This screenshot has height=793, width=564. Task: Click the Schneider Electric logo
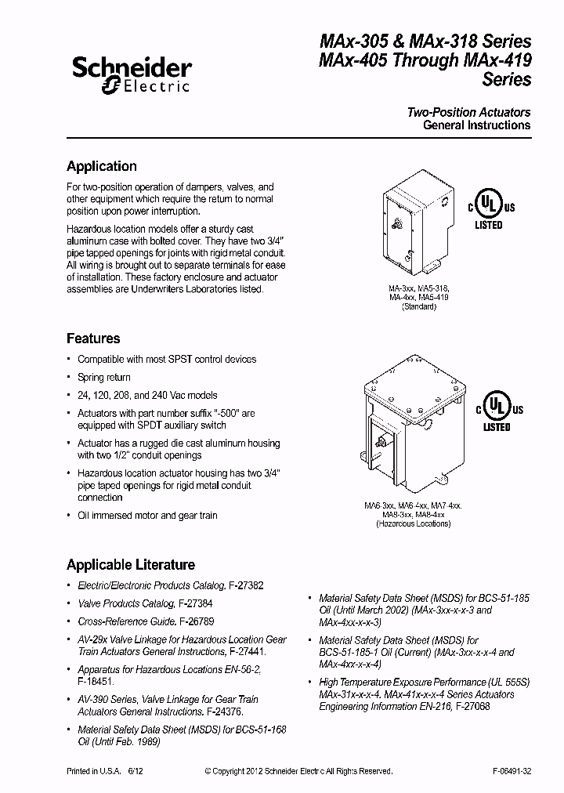pyautogui.click(x=131, y=77)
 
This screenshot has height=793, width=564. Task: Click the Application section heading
pyautogui.click(x=102, y=166)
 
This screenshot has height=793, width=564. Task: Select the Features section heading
pyautogui.click(x=93, y=339)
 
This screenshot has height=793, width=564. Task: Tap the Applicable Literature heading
pyautogui.click(x=131, y=564)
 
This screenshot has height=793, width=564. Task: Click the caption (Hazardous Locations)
pyautogui.click(x=413, y=523)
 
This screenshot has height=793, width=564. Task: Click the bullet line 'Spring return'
pyautogui.click(x=103, y=378)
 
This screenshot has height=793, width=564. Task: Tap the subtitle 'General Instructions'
pyautogui.click(x=476, y=125)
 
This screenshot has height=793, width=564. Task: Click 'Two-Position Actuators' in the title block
pyautogui.click(x=468, y=112)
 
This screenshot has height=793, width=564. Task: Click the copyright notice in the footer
pyautogui.click(x=298, y=771)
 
